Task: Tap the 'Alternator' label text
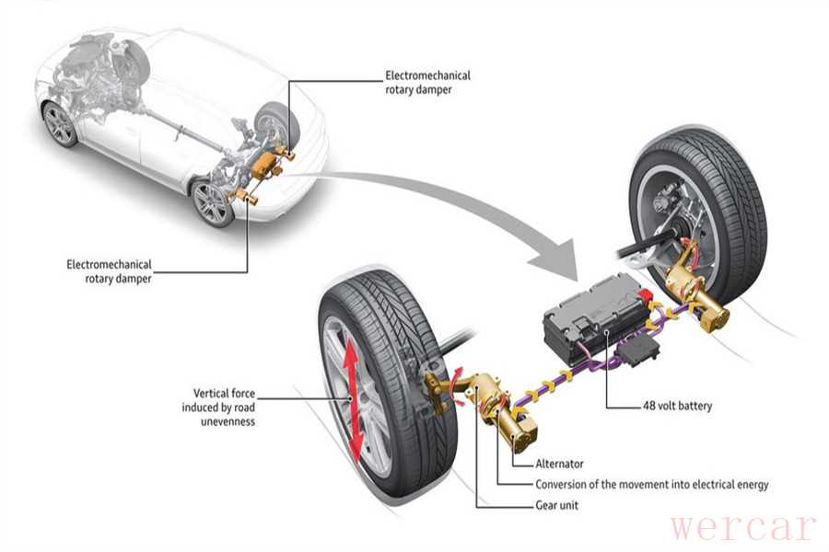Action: [559, 465]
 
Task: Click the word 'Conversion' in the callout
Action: [565, 485]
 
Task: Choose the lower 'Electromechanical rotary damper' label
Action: [109, 271]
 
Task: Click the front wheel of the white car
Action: [60, 124]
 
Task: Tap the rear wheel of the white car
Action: [213, 202]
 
